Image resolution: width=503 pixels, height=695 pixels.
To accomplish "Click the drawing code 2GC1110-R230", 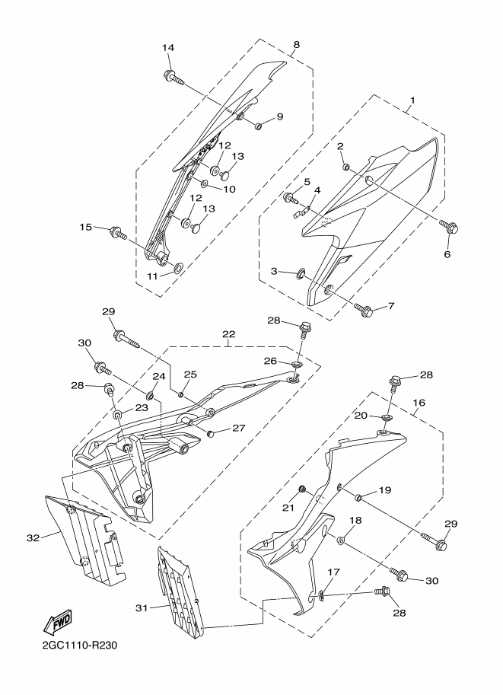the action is pyautogui.click(x=80, y=645).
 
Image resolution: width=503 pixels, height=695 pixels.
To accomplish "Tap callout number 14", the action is pyautogui.click(x=168, y=47).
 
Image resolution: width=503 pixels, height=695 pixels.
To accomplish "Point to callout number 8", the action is pyautogui.click(x=297, y=44).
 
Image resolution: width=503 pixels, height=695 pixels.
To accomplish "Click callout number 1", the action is pyautogui.click(x=412, y=100).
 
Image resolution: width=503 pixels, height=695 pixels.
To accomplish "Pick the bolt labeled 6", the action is pyautogui.click(x=449, y=228).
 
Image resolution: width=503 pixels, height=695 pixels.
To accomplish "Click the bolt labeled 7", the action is pyautogui.click(x=364, y=309).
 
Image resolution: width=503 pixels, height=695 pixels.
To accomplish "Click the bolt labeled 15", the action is pyautogui.click(x=117, y=232).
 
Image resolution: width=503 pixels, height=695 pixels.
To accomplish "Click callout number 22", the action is pyautogui.click(x=229, y=333).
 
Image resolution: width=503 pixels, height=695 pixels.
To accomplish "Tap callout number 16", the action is pyautogui.click(x=419, y=403).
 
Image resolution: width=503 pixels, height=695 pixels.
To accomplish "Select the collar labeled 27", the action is pyautogui.click(x=212, y=433).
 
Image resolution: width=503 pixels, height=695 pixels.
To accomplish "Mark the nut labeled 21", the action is pyautogui.click(x=302, y=489).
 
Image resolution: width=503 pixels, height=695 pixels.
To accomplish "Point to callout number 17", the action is pyautogui.click(x=333, y=572).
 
